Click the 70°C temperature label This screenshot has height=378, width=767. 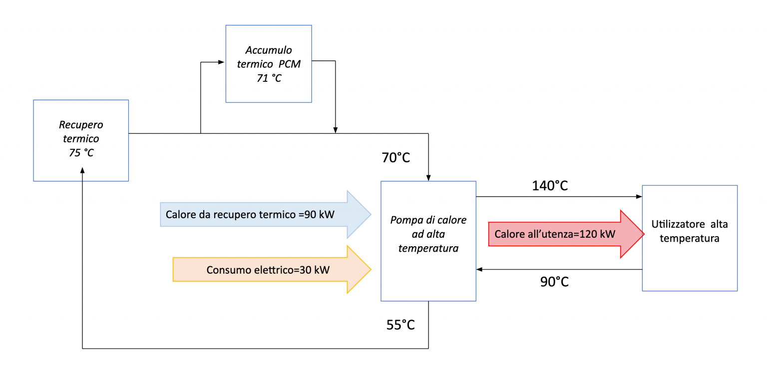coord(395,158)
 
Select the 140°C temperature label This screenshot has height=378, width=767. coord(550,186)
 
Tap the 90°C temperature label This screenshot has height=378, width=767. coord(554,282)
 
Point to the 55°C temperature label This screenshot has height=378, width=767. coord(400,325)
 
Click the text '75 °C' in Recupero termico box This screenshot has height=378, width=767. coord(81,153)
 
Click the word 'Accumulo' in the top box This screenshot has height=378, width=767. coord(269,50)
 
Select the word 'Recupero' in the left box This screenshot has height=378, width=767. coord(81,125)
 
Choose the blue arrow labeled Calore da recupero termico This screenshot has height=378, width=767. coord(265,215)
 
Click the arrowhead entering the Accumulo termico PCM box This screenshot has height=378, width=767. coord(222,62)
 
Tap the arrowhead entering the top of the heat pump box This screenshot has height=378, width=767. coord(428,178)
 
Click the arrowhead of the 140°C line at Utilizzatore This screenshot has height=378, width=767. coord(639,197)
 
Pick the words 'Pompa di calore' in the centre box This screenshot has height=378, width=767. coord(428,220)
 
